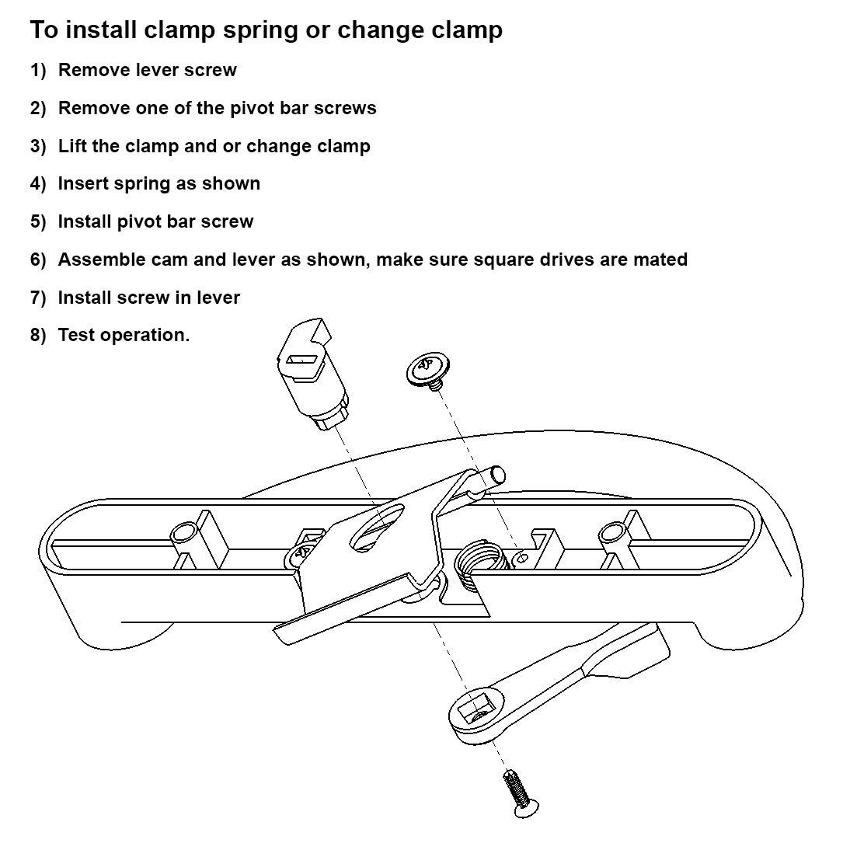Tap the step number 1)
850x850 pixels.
38,71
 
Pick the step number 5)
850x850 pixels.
38,222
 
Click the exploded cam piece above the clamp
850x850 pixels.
311,373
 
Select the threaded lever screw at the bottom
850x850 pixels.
517,792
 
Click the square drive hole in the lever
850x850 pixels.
475,709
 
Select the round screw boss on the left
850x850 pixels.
184,532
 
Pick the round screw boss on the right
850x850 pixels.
611,532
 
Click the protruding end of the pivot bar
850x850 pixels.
496,473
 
